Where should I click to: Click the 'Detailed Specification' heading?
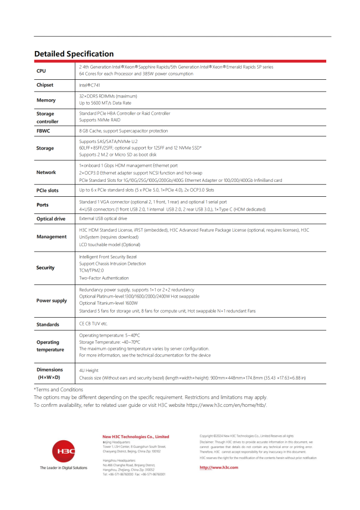(x=74, y=54)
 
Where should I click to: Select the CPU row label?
(x=42, y=71)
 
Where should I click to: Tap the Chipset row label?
(x=45, y=85)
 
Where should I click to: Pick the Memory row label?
(x=46, y=100)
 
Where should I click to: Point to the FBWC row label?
(x=43, y=131)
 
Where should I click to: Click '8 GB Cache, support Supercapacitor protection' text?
(x=124, y=131)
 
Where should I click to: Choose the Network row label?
(x=46, y=172)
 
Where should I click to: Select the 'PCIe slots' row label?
(x=48, y=190)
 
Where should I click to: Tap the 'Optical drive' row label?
(x=51, y=219)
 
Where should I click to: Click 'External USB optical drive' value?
(x=103, y=219)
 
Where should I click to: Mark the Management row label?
(x=52, y=237)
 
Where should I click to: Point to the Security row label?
(x=45, y=268)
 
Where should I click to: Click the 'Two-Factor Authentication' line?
(x=104, y=278)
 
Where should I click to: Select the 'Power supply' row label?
(x=52, y=300)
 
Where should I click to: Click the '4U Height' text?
(x=89, y=370)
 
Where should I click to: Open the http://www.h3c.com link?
(x=219, y=468)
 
